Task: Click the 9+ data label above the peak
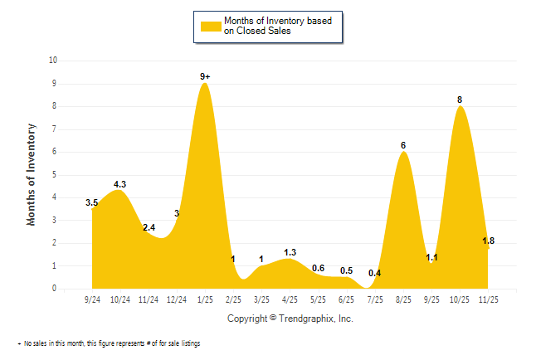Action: click(x=205, y=76)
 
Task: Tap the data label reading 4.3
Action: click(x=119, y=184)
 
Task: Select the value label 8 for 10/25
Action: click(x=460, y=100)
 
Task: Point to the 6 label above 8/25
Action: click(x=403, y=145)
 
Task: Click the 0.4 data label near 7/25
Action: click(x=374, y=273)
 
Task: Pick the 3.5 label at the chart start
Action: click(x=92, y=202)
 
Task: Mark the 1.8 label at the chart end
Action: click(x=489, y=241)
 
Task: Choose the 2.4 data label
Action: click(x=149, y=227)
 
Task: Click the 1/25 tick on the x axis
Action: click(x=205, y=299)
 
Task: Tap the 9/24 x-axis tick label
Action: click(x=92, y=299)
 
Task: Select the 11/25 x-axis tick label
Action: click(x=489, y=299)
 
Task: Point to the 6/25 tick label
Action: click(x=347, y=299)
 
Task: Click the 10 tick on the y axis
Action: click(x=53, y=61)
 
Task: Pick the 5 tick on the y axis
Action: click(x=55, y=175)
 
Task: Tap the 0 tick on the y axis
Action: click(x=55, y=289)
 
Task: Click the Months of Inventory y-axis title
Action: click(x=32, y=174)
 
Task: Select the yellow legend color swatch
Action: click(x=209, y=27)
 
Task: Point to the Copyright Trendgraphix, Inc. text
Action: click(x=290, y=318)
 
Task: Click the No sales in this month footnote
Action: click(x=110, y=343)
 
